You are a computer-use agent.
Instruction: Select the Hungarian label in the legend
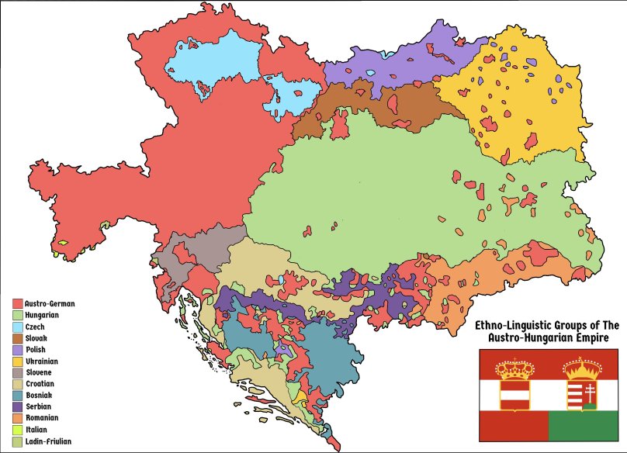click(x=42, y=316)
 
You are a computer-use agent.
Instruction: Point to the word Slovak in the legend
click(x=36, y=339)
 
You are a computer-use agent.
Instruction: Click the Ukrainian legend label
click(x=42, y=361)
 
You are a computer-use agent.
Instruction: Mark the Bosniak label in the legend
click(x=39, y=396)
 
